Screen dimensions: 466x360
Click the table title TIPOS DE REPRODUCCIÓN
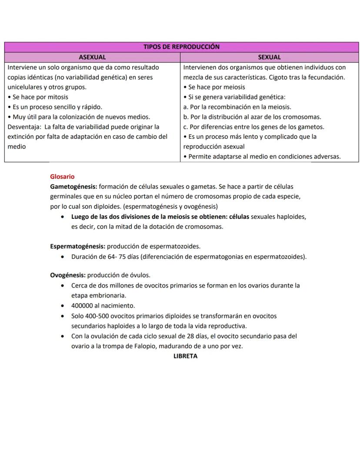[x=181, y=47]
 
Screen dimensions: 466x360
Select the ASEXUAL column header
[x=92, y=57]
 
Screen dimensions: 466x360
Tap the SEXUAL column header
[x=269, y=57]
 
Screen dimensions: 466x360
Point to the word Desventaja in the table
[x=23, y=127]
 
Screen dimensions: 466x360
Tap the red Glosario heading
[x=62, y=177]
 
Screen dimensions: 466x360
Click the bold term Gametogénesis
[x=73, y=187]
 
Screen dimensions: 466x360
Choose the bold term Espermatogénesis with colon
[x=78, y=246]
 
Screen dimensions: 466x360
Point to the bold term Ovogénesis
[x=68, y=275]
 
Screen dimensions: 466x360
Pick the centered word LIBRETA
[x=185, y=356]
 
